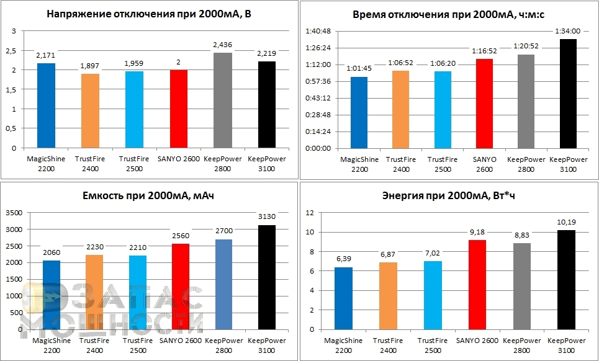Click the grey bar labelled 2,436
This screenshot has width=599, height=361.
pyautogui.click(x=223, y=100)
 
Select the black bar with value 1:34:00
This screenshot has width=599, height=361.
pyautogui.click(x=568, y=94)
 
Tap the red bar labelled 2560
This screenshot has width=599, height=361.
pyautogui.click(x=179, y=286)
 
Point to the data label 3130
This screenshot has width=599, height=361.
pyautogui.click(x=267, y=216)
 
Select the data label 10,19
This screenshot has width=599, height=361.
pyautogui.click(x=562, y=221)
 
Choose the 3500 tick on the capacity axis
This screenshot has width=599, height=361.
pyautogui.click(x=14, y=213)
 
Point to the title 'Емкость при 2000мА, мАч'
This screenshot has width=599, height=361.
pyautogui.click(x=148, y=197)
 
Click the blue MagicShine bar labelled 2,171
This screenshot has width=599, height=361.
pyautogui.click(x=46, y=105)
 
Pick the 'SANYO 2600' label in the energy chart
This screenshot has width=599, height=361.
pyautogui.click(x=476, y=340)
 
